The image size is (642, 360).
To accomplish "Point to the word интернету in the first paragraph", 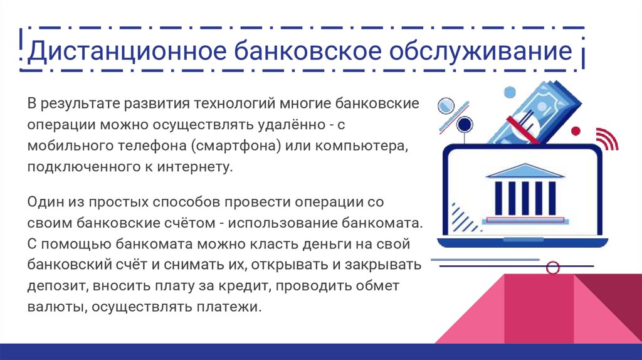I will point(186,167).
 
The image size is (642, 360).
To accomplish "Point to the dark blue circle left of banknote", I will point(464,124).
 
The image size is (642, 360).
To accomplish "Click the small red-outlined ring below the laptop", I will point(552,268).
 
